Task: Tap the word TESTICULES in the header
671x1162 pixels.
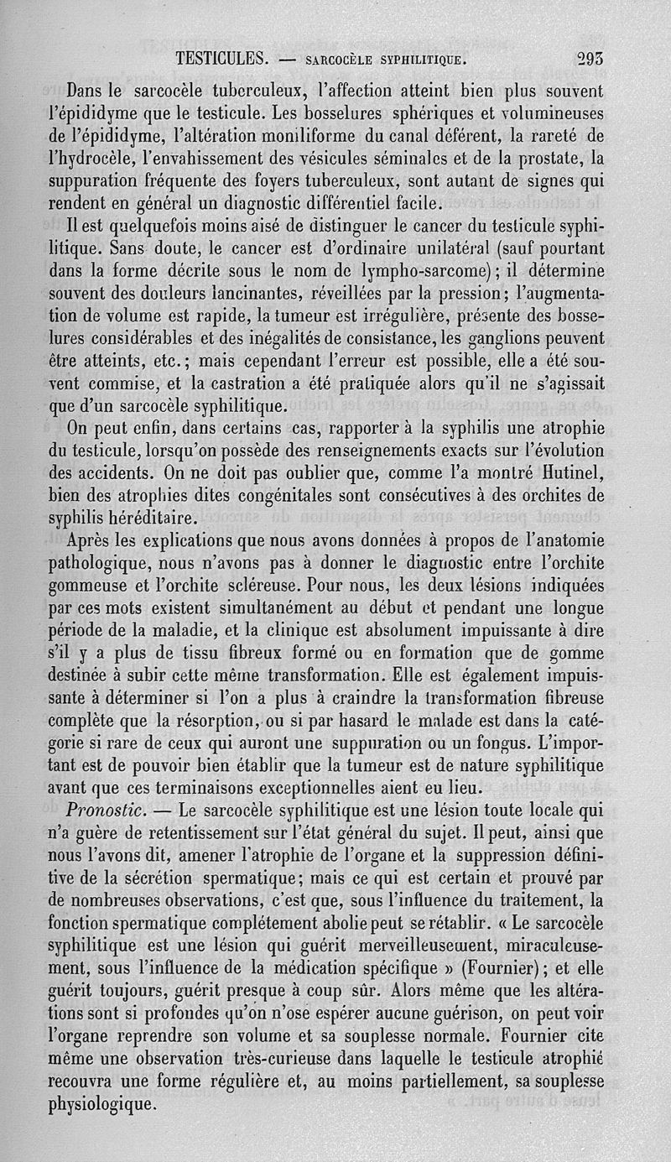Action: (221, 60)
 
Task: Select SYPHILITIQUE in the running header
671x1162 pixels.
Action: (415, 60)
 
